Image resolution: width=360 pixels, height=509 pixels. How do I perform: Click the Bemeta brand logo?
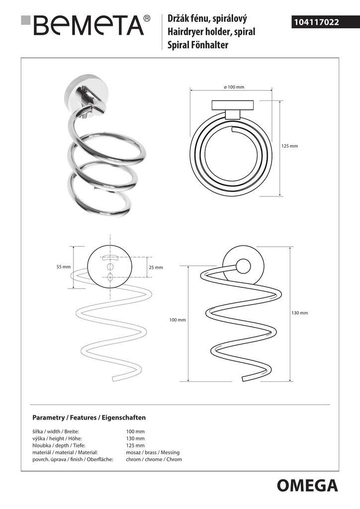tap(86, 25)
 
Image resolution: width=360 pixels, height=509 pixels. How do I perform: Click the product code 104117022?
tap(316, 22)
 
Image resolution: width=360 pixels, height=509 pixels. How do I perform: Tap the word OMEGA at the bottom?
tap(307, 486)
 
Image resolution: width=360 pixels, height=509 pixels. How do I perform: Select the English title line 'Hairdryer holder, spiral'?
tap(211, 32)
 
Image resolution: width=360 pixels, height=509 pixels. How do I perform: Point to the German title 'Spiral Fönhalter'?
tap(198, 45)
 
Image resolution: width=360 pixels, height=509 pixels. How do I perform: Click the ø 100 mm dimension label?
tap(234, 87)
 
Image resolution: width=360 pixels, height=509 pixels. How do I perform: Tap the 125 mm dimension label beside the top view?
tap(289, 146)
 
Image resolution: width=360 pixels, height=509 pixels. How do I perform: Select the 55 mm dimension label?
tap(63, 267)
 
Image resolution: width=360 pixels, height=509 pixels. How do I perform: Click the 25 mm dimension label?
tap(156, 267)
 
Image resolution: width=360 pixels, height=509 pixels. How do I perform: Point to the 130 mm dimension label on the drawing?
tap(300, 313)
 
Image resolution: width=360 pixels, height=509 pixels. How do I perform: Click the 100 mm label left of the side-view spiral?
tap(178, 320)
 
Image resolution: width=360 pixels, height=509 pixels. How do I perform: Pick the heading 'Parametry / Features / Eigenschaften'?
tap(89, 418)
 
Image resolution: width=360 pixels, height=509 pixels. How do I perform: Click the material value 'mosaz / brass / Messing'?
tap(153, 452)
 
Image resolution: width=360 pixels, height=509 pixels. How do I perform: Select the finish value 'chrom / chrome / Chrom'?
tap(154, 459)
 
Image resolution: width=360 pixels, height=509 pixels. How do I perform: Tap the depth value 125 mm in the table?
tap(135, 445)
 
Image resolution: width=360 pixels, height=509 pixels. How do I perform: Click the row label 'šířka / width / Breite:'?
tap(56, 432)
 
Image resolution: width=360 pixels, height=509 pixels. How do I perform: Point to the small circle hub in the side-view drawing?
tap(243, 266)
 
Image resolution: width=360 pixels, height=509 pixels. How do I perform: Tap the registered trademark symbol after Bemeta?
tap(147, 18)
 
